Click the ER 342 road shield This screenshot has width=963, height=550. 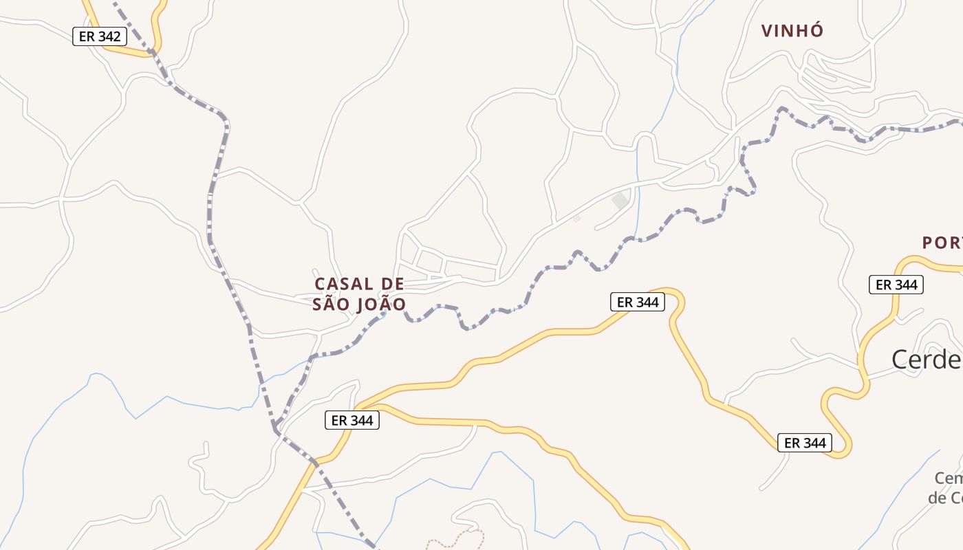pyautogui.click(x=100, y=36)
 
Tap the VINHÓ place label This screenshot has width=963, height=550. pyautogui.click(x=792, y=30)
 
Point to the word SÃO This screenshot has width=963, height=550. pyautogui.click(x=327, y=304)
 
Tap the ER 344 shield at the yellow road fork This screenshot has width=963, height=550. pyautogui.click(x=351, y=420)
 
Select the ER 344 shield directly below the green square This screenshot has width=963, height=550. pyautogui.click(x=638, y=302)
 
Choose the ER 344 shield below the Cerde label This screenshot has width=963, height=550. pyautogui.click(x=805, y=443)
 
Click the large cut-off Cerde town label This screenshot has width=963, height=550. pyautogui.click(x=927, y=359)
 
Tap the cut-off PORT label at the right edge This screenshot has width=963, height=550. pyautogui.click(x=942, y=243)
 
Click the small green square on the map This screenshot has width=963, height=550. pyautogui.click(x=620, y=201)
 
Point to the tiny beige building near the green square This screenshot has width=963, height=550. pyautogui.click(x=577, y=219)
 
